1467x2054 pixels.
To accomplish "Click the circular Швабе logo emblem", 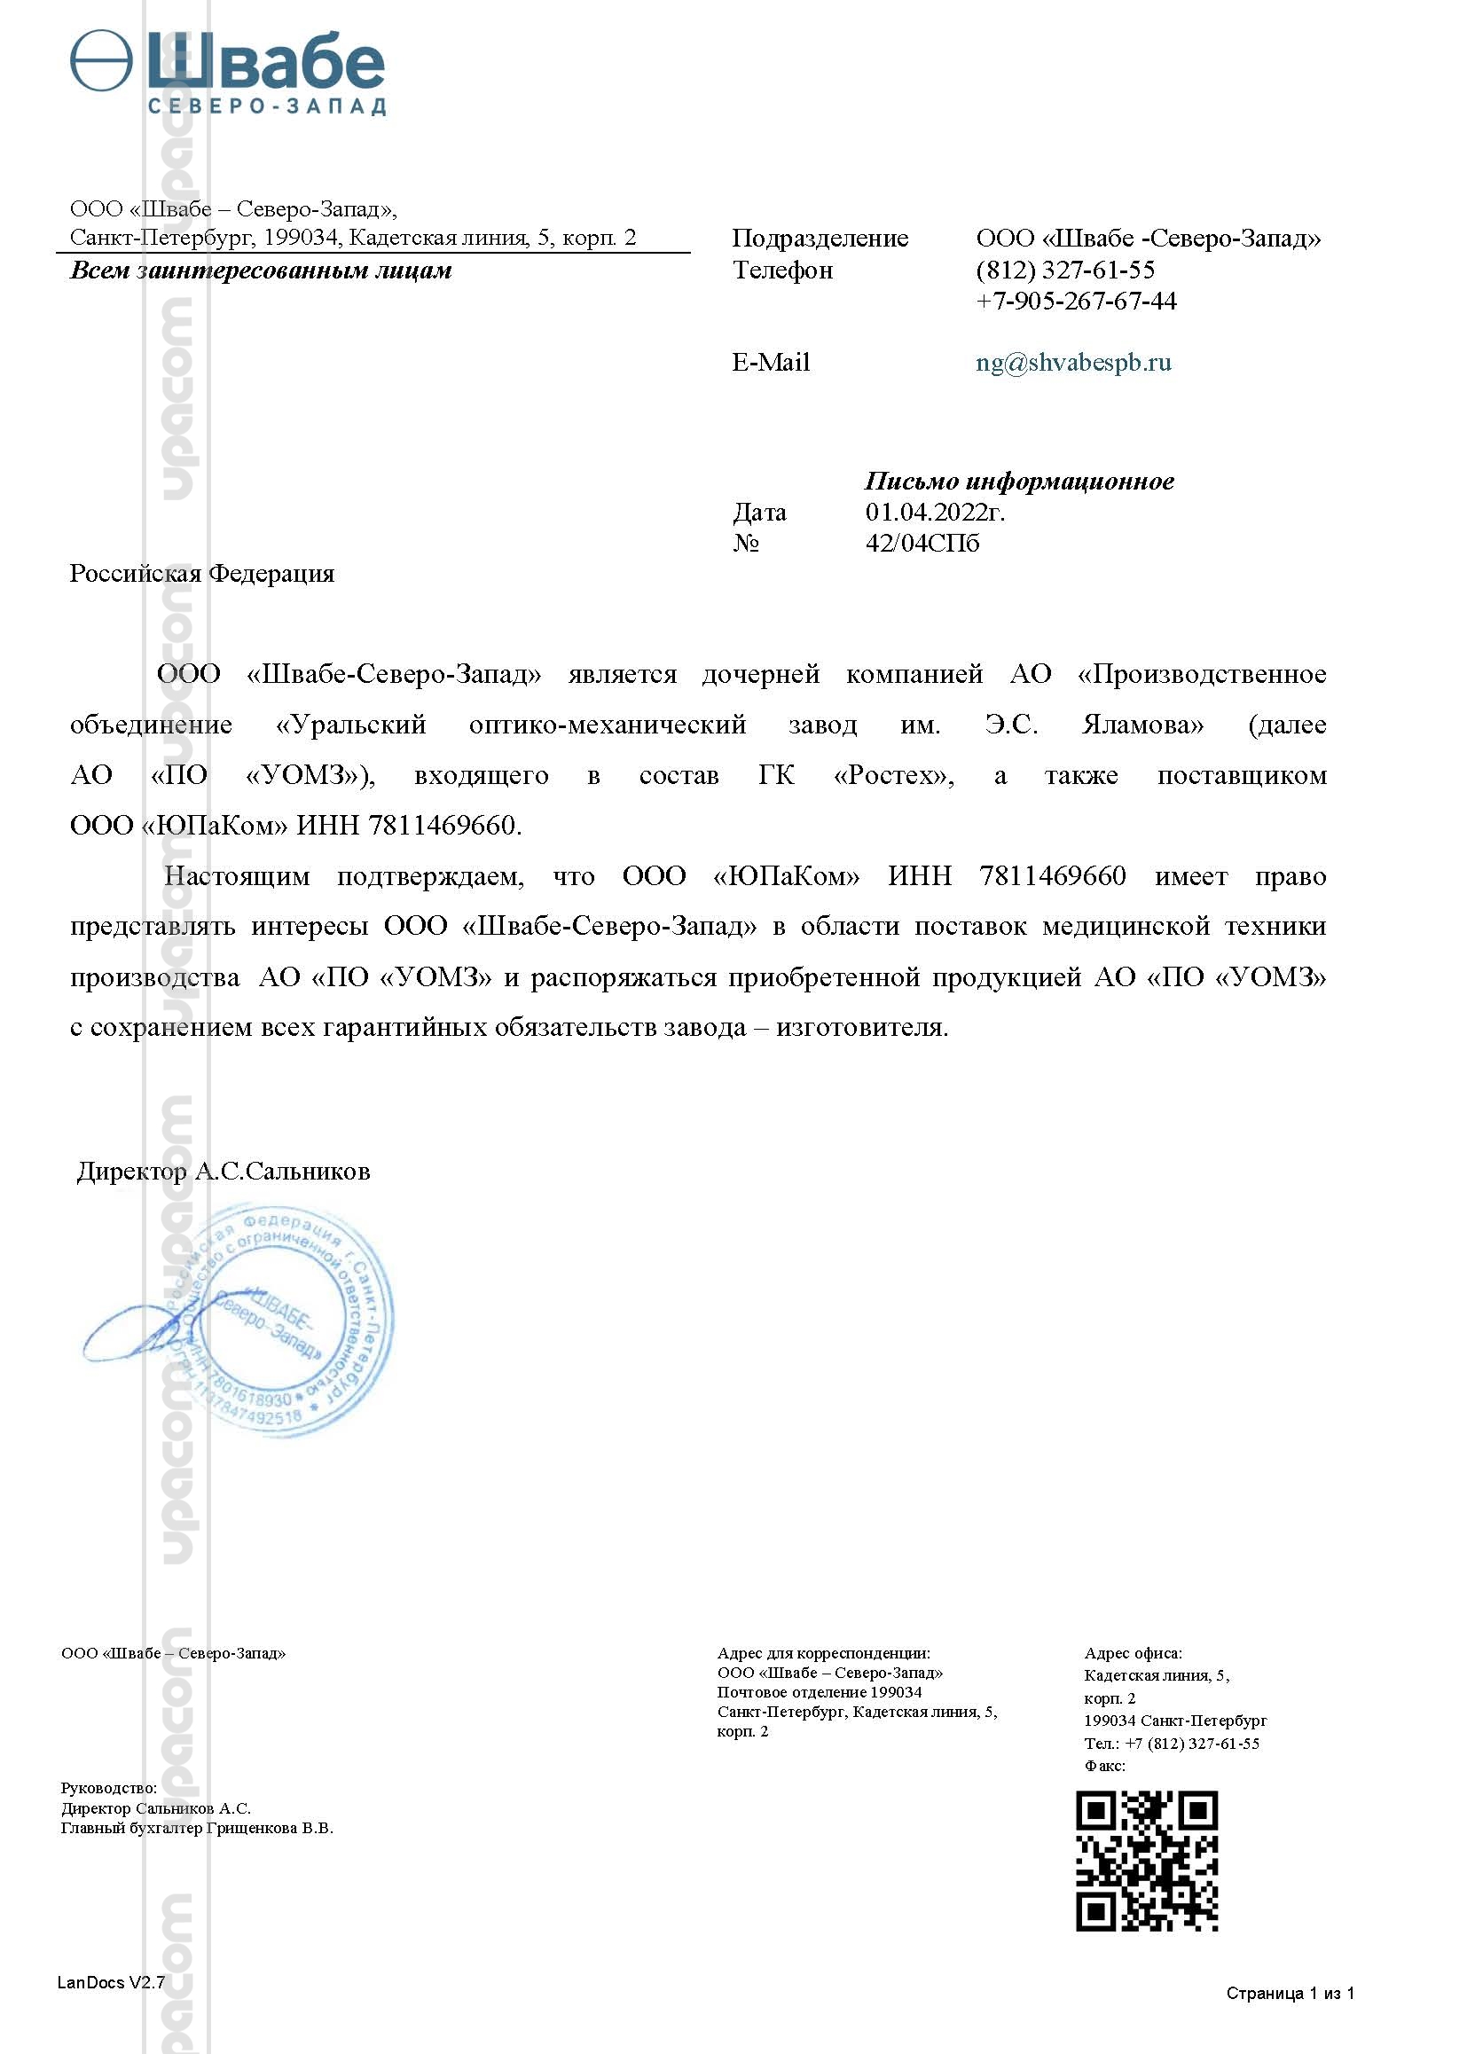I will [101, 60].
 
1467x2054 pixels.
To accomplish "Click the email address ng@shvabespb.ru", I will [1073, 362].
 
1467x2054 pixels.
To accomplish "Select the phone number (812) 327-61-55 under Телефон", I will [1065, 270].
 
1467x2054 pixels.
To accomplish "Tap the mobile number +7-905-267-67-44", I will [1076, 301].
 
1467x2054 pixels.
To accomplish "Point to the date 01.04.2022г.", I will [935, 512].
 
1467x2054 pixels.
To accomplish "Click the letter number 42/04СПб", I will [922, 543].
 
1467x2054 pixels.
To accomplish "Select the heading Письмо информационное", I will [1019, 481].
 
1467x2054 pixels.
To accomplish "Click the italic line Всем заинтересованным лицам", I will [260, 270].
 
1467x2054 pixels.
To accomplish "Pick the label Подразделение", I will [820, 238].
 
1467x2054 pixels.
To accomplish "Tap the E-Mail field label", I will [771, 362].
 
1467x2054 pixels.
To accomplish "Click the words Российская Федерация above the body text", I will [201, 574].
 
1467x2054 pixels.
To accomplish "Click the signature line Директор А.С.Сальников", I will [224, 1172].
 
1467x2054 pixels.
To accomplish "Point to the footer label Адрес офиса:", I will [1133, 1653].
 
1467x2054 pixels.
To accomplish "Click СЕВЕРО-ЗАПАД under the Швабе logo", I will [266, 106].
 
